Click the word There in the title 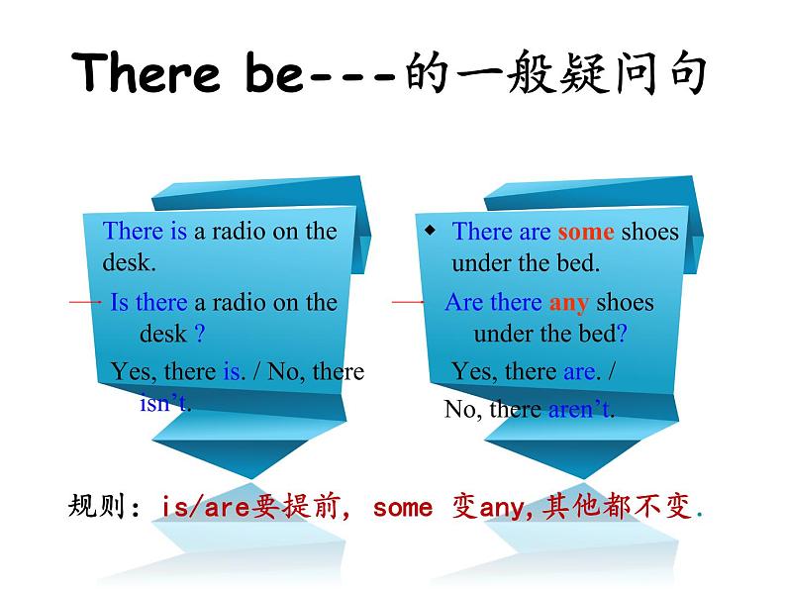pos(146,72)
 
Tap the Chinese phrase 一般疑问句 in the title pos(580,72)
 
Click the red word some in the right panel pos(585,232)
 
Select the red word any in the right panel pos(568,303)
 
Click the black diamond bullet pos(430,231)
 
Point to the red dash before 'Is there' pos(85,302)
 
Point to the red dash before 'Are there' pos(408,302)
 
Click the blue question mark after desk pos(200,333)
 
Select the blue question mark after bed pos(622,333)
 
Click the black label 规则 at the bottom pos(96,505)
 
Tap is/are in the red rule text pos(206,507)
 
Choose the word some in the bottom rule pos(403,508)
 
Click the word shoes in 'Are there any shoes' pos(625,302)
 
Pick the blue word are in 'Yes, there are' pos(579,372)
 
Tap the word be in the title pos(274,73)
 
